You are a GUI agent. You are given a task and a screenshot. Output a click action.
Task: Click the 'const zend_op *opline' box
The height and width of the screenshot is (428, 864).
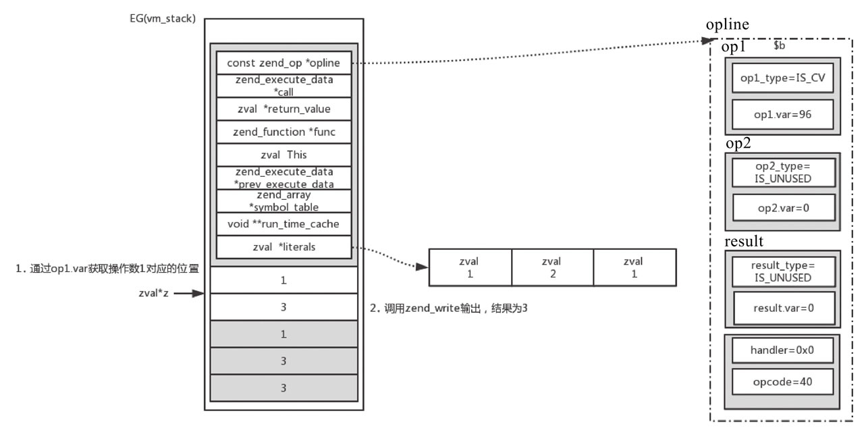pyautogui.click(x=283, y=63)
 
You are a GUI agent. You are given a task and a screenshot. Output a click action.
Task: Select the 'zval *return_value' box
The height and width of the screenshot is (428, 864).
pyautogui.click(x=283, y=109)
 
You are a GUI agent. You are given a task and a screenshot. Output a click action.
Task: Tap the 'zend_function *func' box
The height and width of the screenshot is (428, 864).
pyautogui.click(x=283, y=132)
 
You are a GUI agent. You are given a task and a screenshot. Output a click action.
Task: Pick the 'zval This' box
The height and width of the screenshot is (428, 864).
pyautogui.click(x=283, y=155)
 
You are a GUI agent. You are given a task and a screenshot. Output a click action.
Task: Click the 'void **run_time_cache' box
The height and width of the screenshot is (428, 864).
pyautogui.click(x=283, y=223)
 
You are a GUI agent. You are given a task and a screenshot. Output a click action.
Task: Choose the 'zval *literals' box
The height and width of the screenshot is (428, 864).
pyautogui.click(x=283, y=246)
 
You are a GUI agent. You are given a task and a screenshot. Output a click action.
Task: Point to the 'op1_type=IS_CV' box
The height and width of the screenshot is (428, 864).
pyautogui.click(x=783, y=78)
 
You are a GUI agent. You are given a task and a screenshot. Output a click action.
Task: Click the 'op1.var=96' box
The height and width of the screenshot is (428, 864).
pyautogui.click(x=783, y=114)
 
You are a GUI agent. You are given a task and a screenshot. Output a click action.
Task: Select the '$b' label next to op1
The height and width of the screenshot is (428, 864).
pyautogui.click(x=779, y=47)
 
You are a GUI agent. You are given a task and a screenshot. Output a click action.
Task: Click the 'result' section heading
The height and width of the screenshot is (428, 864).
pyautogui.click(x=743, y=241)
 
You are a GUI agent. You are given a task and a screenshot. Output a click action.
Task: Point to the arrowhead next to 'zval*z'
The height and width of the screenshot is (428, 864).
pyautogui.click(x=199, y=294)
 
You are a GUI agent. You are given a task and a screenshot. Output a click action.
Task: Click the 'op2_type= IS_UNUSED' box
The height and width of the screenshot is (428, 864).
pyautogui.click(x=783, y=173)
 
